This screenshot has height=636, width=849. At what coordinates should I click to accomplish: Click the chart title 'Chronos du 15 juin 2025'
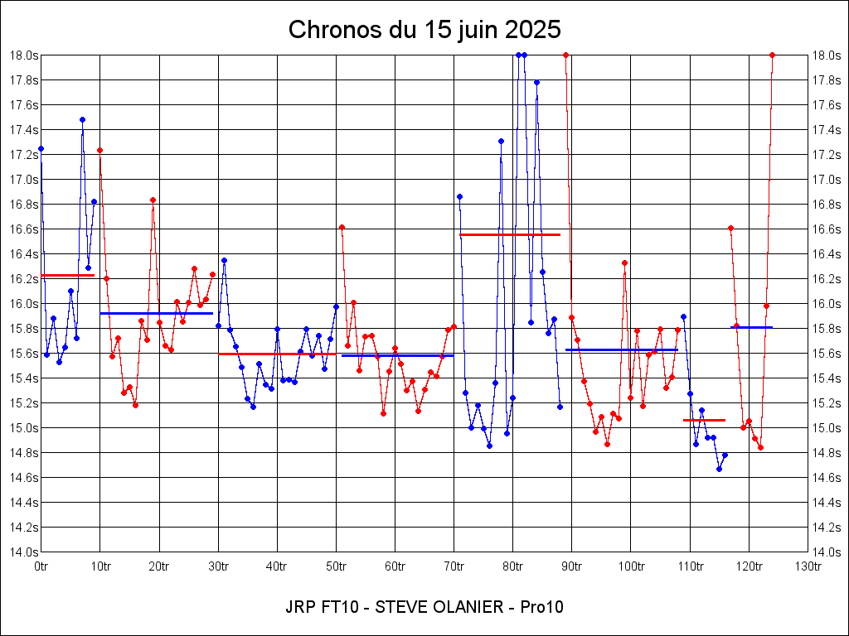pyautogui.click(x=424, y=30)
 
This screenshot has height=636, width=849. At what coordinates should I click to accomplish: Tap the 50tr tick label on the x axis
pyautogui.click(x=336, y=566)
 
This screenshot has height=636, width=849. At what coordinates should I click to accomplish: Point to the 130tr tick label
pyautogui.click(x=808, y=566)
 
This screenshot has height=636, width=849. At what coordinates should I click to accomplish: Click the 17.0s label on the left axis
pyautogui.click(x=24, y=179)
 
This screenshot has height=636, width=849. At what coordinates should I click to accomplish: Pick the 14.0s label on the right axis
pyautogui.click(x=825, y=552)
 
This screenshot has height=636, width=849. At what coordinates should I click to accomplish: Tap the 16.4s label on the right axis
pyautogui.click(x=825, y=253)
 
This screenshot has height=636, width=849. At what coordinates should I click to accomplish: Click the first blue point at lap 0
pyautogui.click(x=41, y=148)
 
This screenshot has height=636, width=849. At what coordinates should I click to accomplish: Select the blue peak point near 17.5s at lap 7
pyautogui.click(x=82, y=119)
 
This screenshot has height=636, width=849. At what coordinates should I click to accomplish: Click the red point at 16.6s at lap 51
pyautogui.click(x=342, y=227)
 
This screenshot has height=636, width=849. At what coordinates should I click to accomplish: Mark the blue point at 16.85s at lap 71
pyautogui.click(x=459, y=196)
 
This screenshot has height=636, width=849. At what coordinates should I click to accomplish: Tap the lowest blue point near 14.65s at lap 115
pyautogui.click(x=719, y=469)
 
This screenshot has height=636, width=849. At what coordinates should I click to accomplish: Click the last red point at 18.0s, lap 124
pyautogui.click(x=772, y=55)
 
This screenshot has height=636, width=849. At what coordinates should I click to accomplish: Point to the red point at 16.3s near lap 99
pyautogui.click(x=624, y=263)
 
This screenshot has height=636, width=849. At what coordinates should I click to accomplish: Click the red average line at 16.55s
pyautogui.click(x=510, y=234)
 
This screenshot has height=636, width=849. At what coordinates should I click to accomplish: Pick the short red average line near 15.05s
pyautogui.click(x=704, y=420)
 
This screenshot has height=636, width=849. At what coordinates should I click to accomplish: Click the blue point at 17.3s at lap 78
pyautogui.click(x=501, y=141)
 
